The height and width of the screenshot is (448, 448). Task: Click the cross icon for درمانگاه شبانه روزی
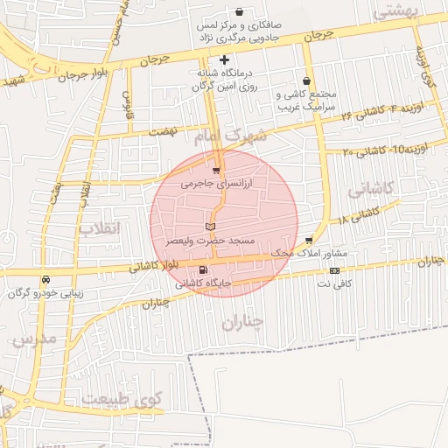point(225,60)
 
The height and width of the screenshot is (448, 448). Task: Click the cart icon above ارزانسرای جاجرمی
point(216,171)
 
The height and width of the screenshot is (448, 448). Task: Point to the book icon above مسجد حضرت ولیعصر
point(209,227)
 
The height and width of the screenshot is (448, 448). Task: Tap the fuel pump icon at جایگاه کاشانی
point(203,269)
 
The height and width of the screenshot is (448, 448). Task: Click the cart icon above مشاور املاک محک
point(309,239)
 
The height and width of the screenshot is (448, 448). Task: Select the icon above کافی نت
point(334,270)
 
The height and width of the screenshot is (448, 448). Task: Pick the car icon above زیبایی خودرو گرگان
point(45,280)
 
